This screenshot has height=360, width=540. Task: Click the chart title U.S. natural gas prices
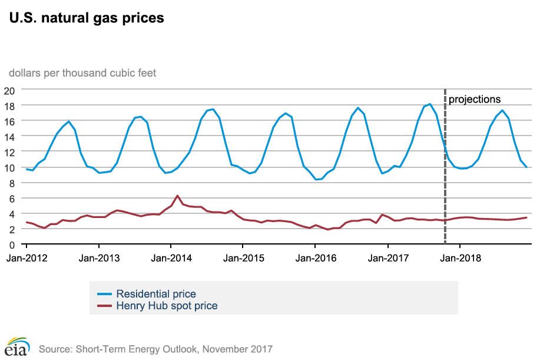tap(85, 18)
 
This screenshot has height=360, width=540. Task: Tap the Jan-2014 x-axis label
tap(171, 257)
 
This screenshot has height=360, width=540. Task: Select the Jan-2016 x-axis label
tap(316, 257)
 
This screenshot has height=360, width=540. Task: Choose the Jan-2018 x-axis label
tap(460, 257)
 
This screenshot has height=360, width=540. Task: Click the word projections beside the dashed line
tap(475, 100)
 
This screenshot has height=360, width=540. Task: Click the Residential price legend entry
tap(156, 293)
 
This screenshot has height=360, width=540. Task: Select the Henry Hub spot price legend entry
tap(167, 306)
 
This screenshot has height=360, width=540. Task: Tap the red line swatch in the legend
tap(104, 306)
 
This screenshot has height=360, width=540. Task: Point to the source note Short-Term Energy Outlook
tap(156, 349)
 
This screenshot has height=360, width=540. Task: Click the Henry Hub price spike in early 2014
tap(177, 196)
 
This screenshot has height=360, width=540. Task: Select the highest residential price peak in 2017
tap(430, 104)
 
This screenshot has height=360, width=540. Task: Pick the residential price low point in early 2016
tap(317, 179)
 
